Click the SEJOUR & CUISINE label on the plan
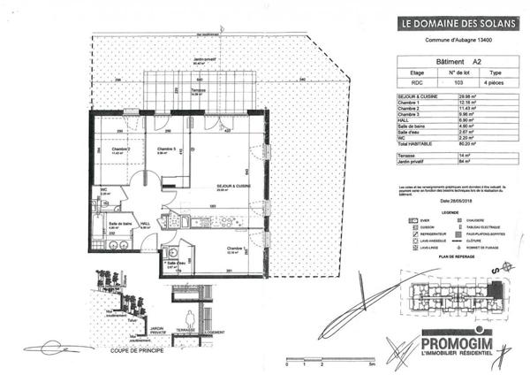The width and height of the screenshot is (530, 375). coord(236,186)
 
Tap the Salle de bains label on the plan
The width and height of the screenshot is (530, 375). coord(121,224)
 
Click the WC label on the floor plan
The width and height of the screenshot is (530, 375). coord(104,188)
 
